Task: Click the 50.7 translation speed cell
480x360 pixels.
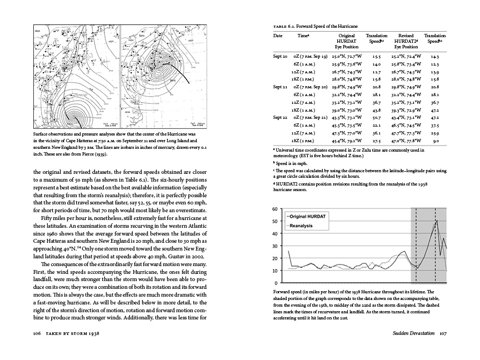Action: pos(377,118)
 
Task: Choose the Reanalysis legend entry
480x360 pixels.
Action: pos(304,225)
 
